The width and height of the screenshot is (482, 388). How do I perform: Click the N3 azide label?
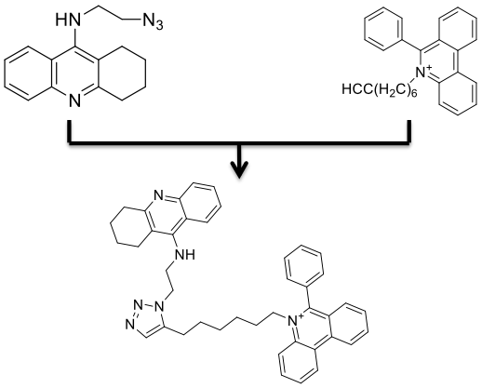(153, 22)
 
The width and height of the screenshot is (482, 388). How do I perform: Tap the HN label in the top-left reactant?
(68, 20)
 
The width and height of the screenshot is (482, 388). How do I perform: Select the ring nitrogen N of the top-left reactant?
(74, 100)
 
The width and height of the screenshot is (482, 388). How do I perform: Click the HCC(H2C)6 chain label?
(380, 90)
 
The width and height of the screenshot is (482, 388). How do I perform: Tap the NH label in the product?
(185, 254)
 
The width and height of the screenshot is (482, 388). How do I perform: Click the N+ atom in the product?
(295, 320)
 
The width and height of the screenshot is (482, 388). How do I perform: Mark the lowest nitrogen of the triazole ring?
(130, 325)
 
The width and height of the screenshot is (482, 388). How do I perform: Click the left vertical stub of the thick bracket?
(70, 130)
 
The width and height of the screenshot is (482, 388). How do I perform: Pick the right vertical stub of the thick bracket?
(409, 131)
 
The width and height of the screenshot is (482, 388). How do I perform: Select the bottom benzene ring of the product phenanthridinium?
(299, 365)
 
